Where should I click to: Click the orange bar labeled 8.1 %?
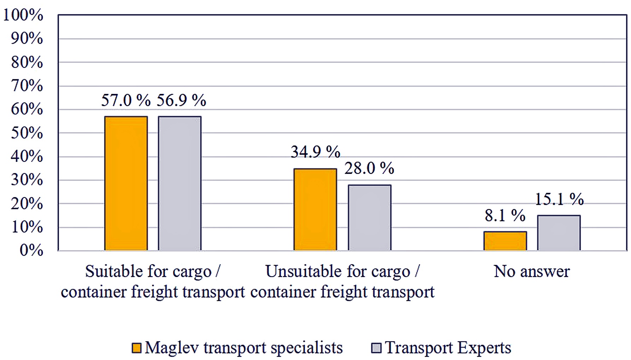coord(505,241)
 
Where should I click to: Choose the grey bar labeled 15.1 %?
coord(559,233)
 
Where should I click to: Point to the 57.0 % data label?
coord(126,100)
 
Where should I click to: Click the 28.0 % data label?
coord(369,168)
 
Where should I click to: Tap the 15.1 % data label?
coord(559,199)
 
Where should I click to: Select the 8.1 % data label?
coord(505,216)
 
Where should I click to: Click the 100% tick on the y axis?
coord(23,15)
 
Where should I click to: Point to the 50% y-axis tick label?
coord(27,133)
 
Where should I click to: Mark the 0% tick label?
coord(31,250)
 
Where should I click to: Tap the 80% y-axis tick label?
coord(27,63)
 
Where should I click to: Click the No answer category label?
coord(531,271)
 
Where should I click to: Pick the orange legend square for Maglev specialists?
coord(137,348)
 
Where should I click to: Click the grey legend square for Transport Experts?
coord(376,348)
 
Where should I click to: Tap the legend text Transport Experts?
coord(448,348)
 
